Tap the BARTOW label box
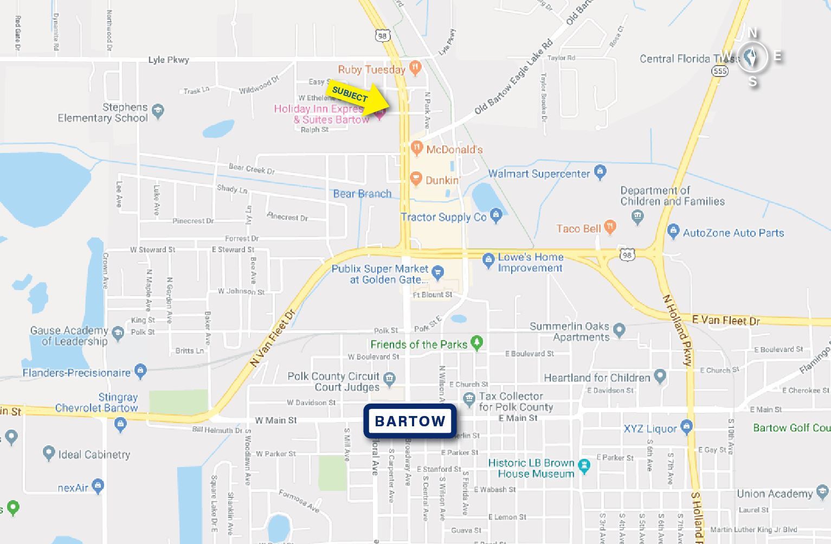point(410,421)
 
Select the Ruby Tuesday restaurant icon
point(415,68)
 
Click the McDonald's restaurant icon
point(417,148)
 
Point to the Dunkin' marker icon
point(416,178)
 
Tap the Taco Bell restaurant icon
point(610,227)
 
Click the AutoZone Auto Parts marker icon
point(673,232)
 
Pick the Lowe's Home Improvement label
point(530,263)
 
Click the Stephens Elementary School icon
point(158,111)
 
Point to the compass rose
point(752,56)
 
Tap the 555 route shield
point(720,71)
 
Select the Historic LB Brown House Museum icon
point(584,466)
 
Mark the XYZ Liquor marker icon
point(687,426)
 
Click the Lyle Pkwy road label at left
point(169,60)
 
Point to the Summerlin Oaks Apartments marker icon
point(620,329)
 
